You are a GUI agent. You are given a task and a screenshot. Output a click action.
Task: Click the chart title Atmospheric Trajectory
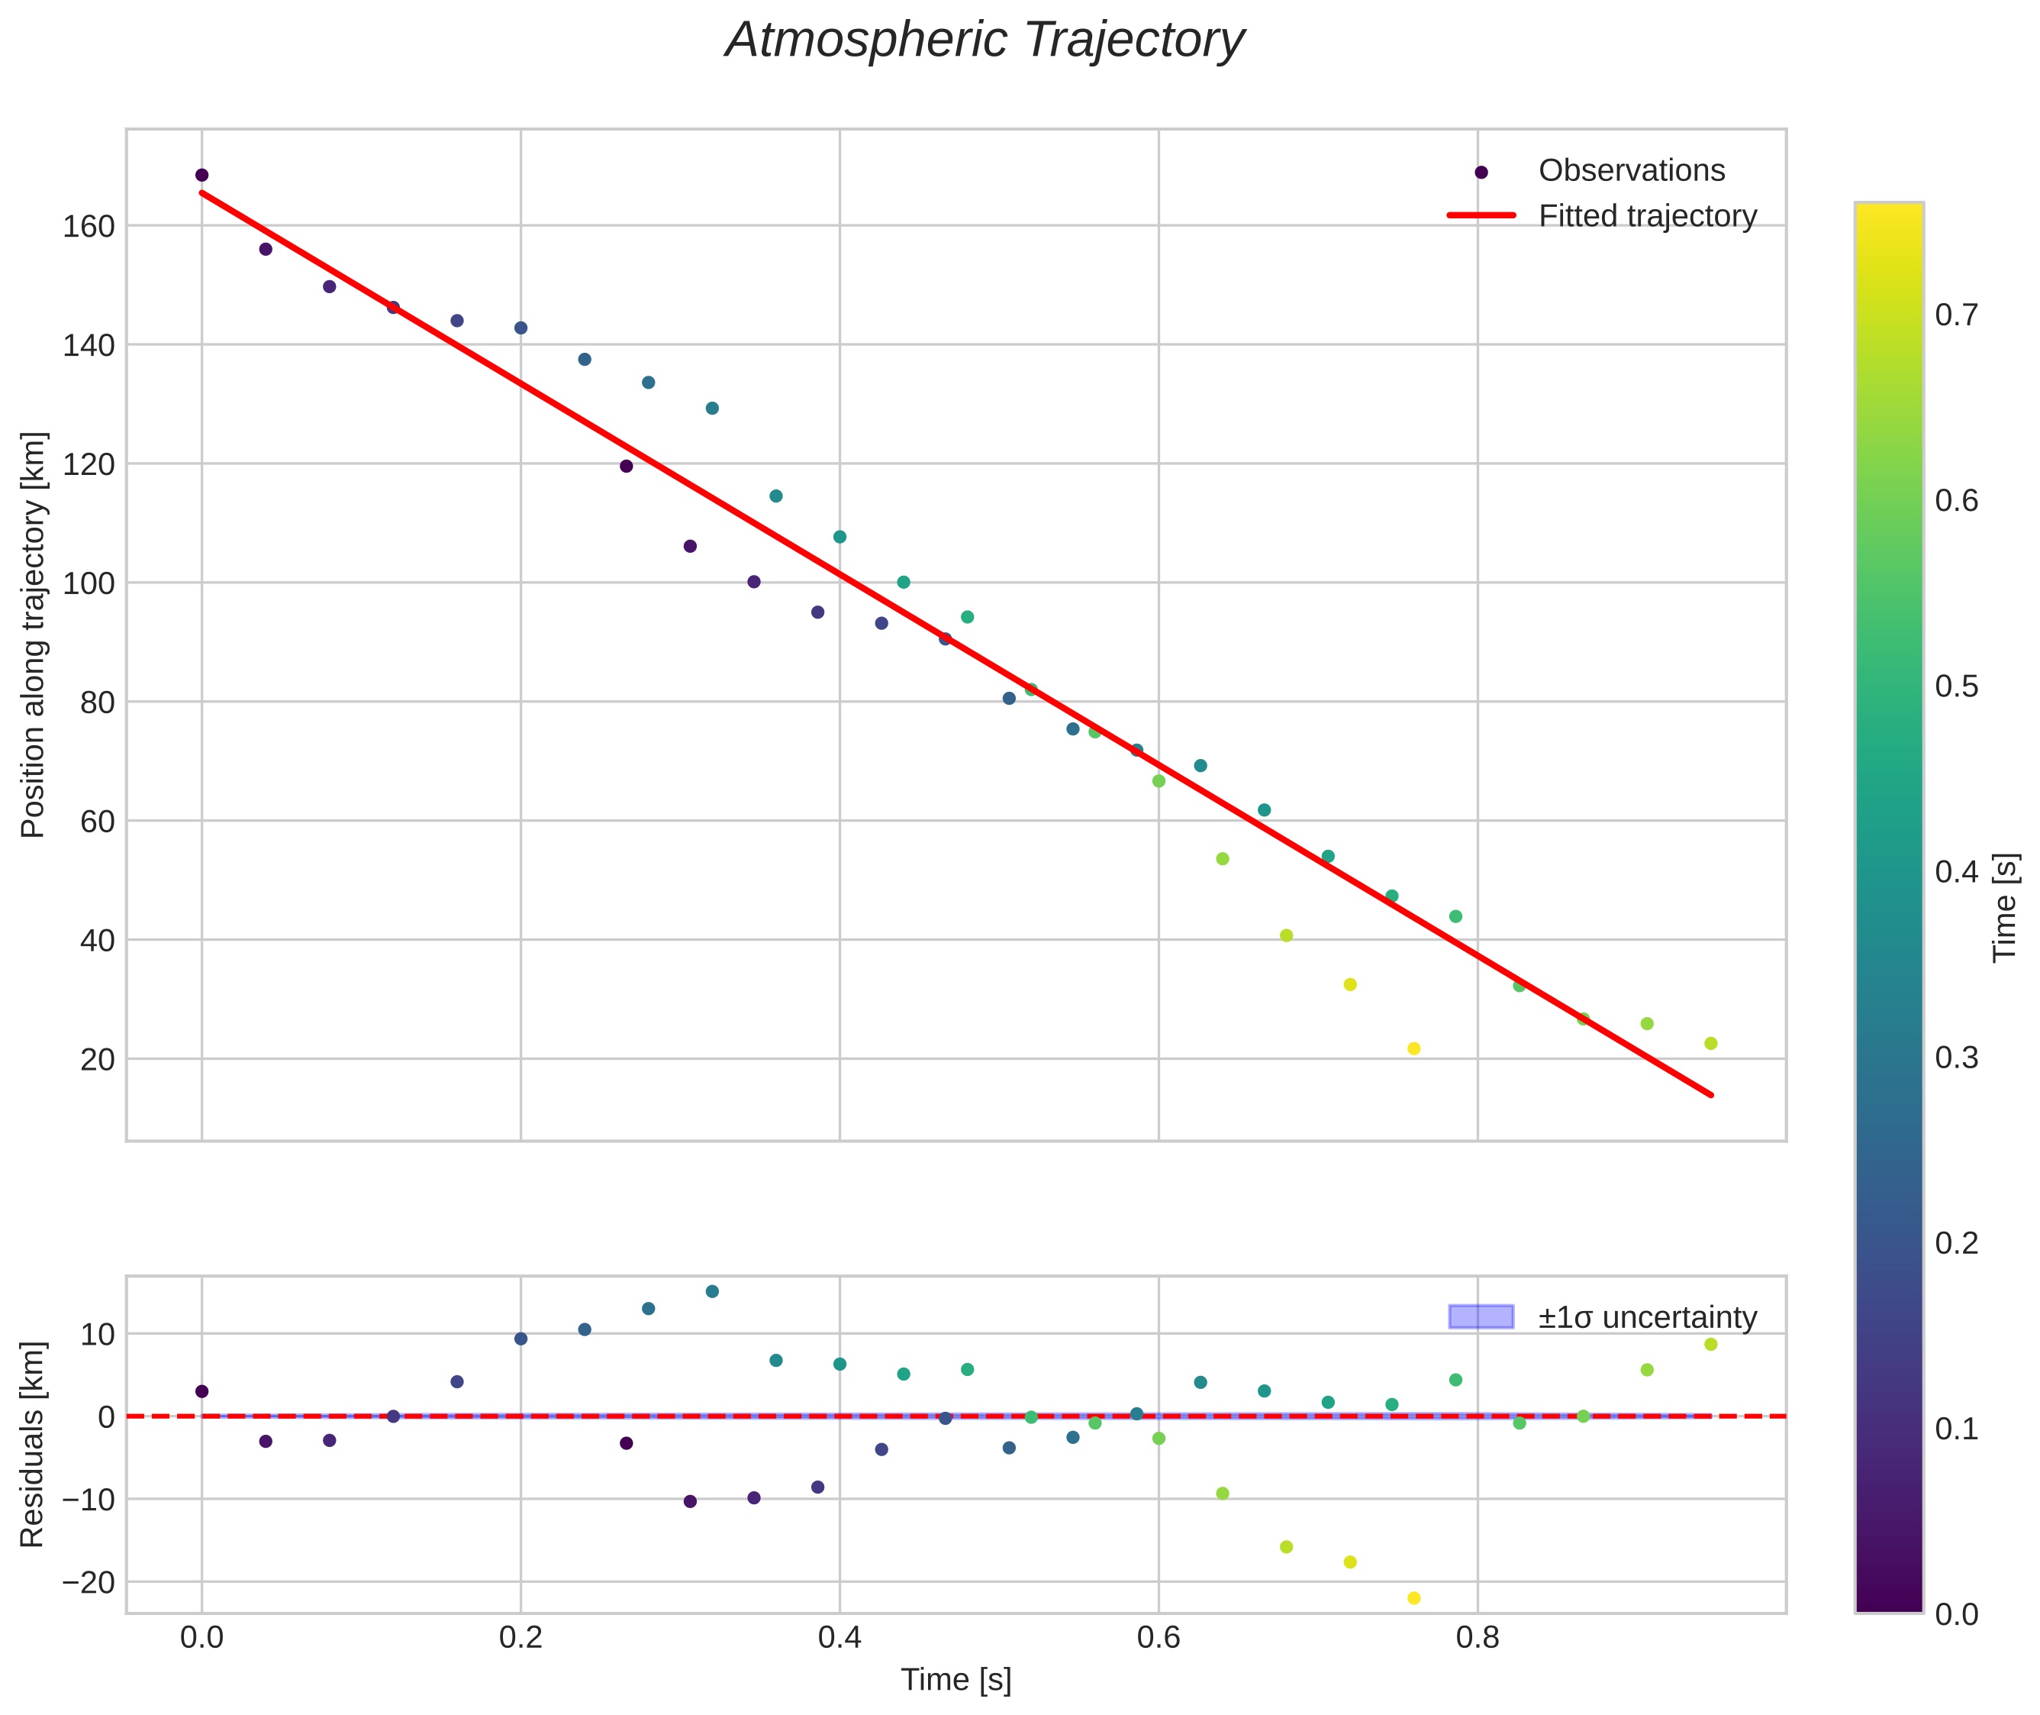point(985,40)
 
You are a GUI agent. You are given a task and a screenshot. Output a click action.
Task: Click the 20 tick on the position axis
point(97,1060)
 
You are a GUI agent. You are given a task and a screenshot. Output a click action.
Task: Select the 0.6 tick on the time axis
point(1159,1638)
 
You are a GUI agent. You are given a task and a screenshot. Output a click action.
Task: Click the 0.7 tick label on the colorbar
point(1955,315)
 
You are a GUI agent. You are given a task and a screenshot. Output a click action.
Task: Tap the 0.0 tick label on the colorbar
point(1955,1614)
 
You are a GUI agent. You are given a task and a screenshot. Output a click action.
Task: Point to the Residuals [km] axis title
point(32,1445)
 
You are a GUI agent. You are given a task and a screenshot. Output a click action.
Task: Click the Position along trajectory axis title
point(33,635)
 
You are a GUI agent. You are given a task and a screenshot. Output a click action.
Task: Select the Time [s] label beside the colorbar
point(2004,908)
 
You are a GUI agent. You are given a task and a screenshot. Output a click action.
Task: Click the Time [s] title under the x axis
point(956,1680)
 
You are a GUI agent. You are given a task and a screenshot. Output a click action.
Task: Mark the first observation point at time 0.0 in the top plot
point(202,176)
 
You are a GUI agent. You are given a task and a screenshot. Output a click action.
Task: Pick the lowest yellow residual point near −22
point(1414,1598)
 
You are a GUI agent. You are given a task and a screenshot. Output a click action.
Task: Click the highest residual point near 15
point(712,1292)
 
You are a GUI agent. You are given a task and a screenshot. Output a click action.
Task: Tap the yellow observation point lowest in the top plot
point(1414,1049)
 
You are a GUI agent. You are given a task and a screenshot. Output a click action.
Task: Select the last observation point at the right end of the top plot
point(1710,1044)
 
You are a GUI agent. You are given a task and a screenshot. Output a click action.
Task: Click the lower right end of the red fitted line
point(1710,1096)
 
